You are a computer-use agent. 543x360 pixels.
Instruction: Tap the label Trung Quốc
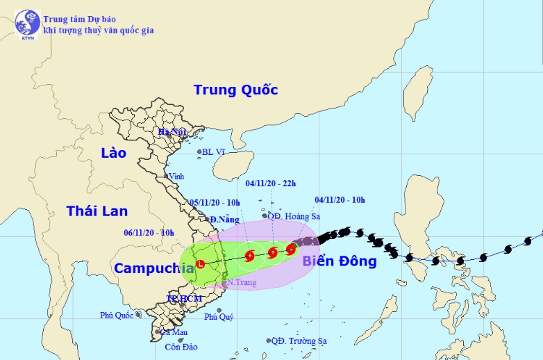(x=235, y=90)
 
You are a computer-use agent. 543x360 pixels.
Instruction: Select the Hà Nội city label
(x=173, y=132)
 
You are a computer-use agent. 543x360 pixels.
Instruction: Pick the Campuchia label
(x=154, y=268)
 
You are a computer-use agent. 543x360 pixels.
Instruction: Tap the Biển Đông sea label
(x=339, y=261)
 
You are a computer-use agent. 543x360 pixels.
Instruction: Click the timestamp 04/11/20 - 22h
(x=271, y=183)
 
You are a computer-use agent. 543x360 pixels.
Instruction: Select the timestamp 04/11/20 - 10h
(x=340, y=200)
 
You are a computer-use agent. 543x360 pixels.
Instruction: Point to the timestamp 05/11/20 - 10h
(x=215, y=202)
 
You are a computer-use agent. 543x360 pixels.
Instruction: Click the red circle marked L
(x=200, y=264)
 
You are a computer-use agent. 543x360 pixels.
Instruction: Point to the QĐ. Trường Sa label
(x=299, y=341)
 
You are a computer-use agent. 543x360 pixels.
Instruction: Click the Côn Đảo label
(x=178, y=347)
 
